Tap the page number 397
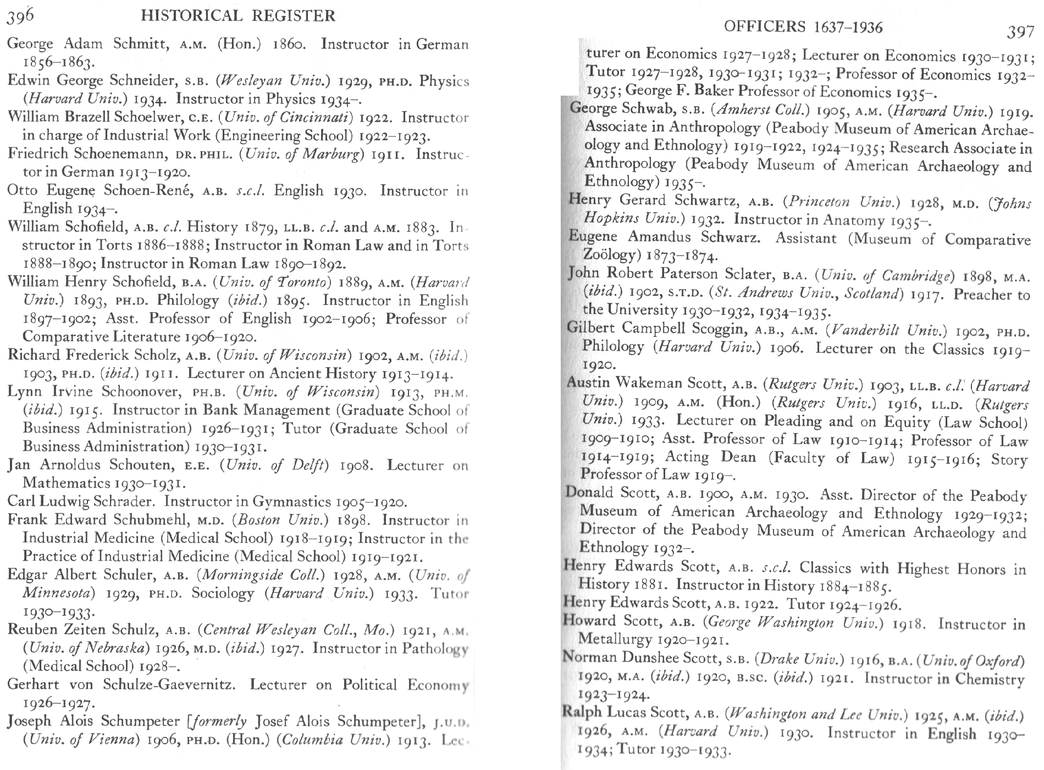point(1020,32)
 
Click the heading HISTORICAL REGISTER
point(238,15)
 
